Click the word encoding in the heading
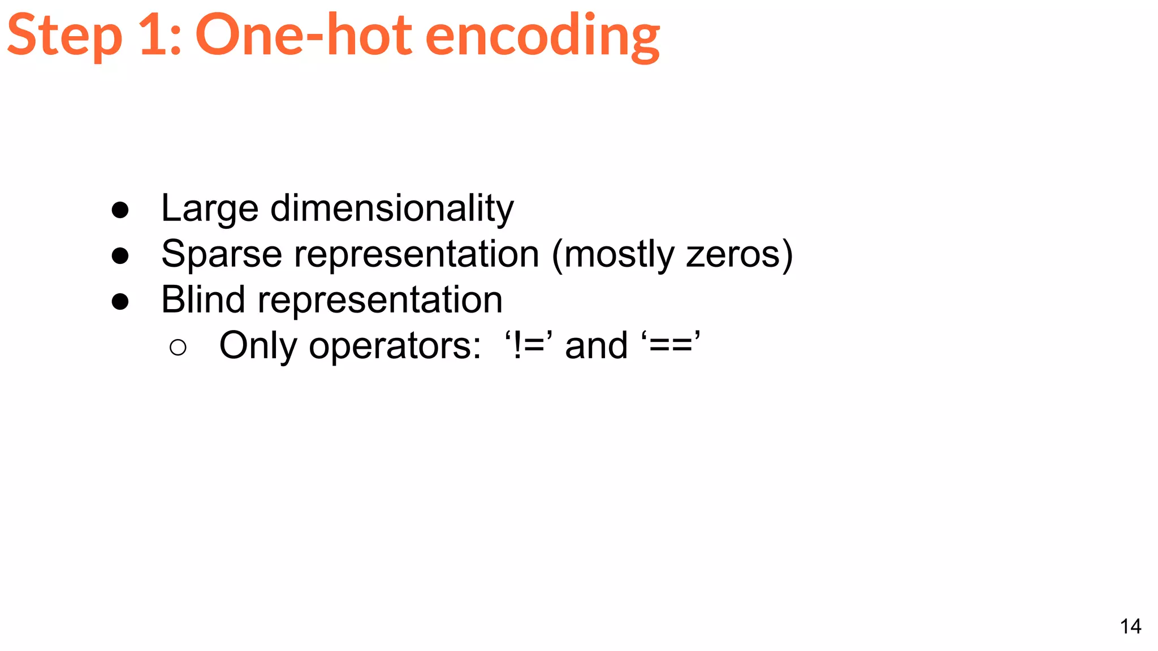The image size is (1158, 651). point(542,37)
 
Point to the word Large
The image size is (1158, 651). point(210,209)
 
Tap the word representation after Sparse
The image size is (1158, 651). point(417,254)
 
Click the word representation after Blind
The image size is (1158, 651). point(380,300)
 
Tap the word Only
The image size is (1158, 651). point(258,346)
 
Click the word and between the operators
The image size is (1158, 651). point(597,346)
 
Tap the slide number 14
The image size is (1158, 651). point(1130,627)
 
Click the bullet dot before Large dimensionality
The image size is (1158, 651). point(120,211)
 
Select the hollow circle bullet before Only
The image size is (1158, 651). point(178,348)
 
